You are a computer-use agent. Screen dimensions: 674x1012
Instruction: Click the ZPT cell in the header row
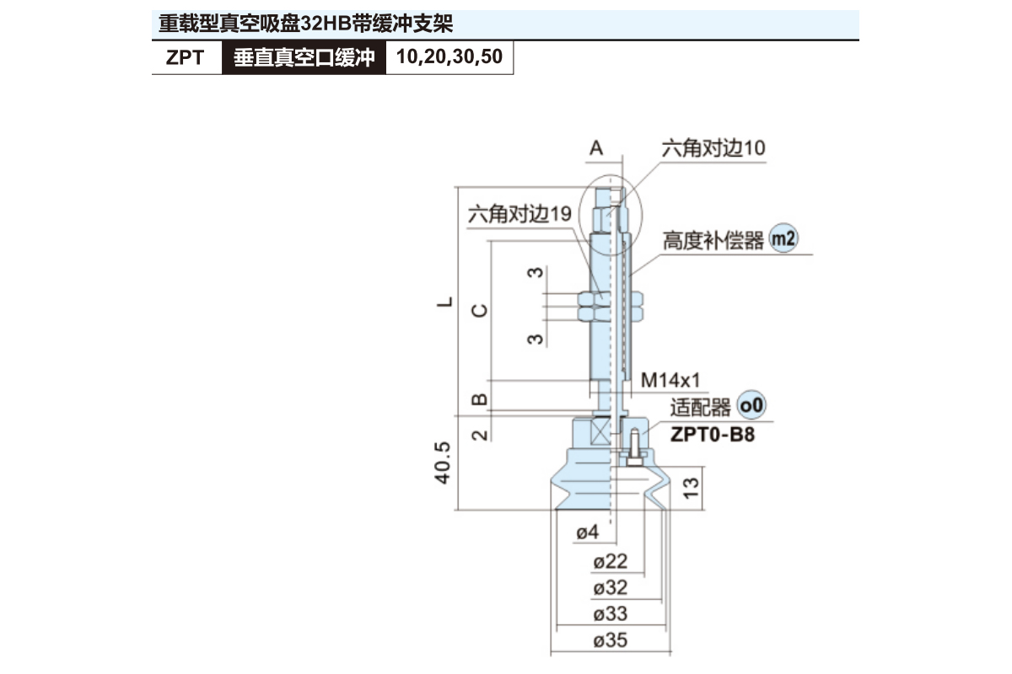coord(186,58)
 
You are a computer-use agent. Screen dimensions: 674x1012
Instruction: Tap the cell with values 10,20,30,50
coord(449,58)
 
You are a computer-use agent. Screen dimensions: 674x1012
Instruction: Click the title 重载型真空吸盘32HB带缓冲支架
coord(312,24)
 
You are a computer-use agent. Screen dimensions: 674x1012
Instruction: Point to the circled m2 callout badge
coord(783,239)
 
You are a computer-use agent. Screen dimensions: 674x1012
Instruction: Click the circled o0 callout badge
coord(751,406)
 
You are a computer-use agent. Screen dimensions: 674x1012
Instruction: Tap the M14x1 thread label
coord(670,380)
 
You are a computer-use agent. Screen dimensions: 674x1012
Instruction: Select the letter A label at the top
coord(596,148)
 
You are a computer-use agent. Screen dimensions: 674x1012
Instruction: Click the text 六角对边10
coord(713,148)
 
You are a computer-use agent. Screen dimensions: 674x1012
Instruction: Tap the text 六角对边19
coord(519,214)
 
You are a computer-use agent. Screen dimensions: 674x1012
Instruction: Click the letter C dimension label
coord(478,309)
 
